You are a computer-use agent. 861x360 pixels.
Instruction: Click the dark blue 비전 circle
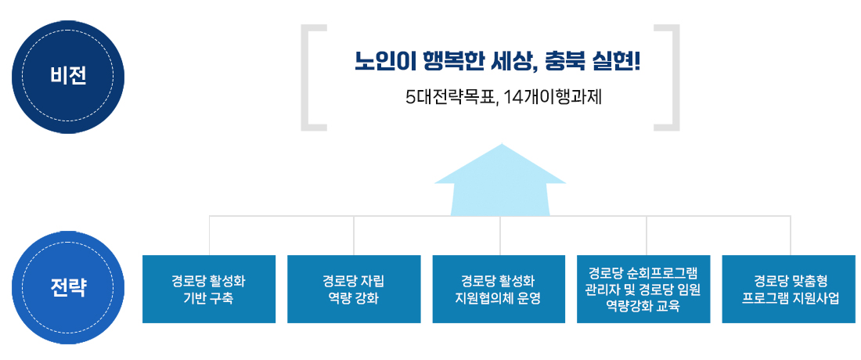click(68, 77)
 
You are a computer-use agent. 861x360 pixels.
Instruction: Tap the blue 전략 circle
click(68, 287)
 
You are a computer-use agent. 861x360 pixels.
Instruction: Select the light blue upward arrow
click(500, 180)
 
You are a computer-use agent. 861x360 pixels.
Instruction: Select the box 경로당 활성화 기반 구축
click(209, 290)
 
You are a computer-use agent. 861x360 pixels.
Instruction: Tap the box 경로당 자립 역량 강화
click(354, 290)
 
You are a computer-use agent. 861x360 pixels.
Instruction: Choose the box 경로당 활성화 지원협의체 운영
click(499, 290)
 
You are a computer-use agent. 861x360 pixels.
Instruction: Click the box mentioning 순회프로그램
click(643, 290)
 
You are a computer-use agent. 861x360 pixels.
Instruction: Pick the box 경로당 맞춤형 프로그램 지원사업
click(791, 290)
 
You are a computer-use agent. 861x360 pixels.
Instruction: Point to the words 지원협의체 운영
click(499, 298)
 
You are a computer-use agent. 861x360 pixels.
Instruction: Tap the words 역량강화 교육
click(643, 306)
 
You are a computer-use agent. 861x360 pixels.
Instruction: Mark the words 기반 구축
click(209, 298)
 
